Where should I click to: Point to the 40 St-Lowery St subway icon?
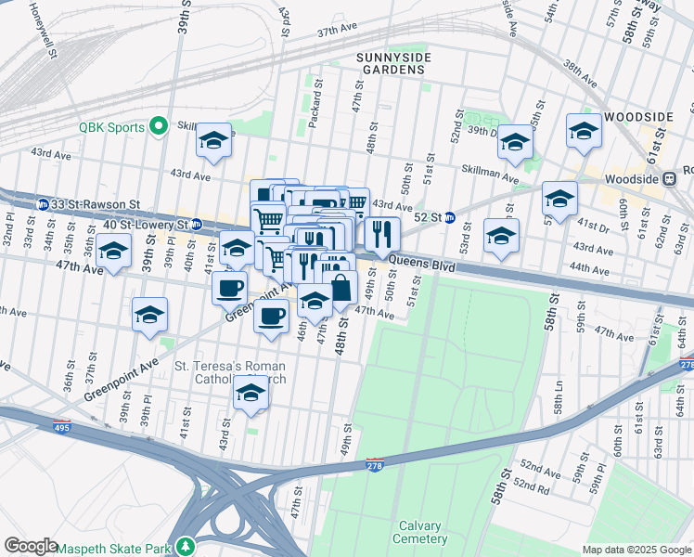click(x=196, y=225)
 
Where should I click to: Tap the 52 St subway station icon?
click(x=449, y=217)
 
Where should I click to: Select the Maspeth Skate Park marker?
click(x=186, y=546)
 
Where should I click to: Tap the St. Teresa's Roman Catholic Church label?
click(x=230, y=373)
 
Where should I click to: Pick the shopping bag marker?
click(x=341, y=287)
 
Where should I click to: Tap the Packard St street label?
click(x=315, y=110)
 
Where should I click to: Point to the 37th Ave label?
click(x=337, y=31)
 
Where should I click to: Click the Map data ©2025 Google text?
click(x=636, y=550)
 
